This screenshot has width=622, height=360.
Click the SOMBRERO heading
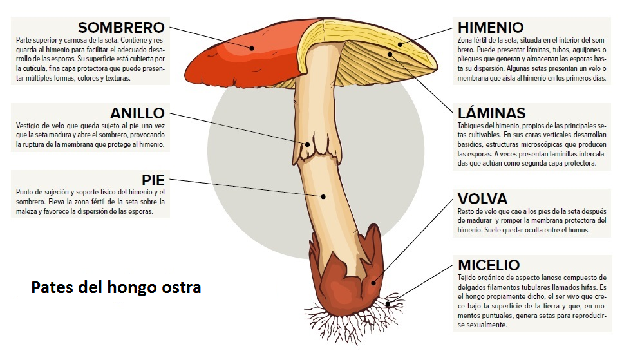tap(122, 28)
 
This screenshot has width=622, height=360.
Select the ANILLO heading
tap(137, 113)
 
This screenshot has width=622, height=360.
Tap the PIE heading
tap(153, 180)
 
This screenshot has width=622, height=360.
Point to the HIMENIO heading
tap(491, 28)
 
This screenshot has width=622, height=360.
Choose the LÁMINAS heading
tap(492, 113)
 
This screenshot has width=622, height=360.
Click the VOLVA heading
tap(483, 199)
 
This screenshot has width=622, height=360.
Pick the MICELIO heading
tap(489, 265)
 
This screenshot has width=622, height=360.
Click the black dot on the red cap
tap(252, 48)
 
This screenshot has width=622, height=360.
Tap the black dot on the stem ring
tap(307, 144)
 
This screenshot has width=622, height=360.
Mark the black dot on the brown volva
tap(373, 283)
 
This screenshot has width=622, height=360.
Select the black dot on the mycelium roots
tap(388, 305)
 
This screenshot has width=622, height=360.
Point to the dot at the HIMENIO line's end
tap(401, 44)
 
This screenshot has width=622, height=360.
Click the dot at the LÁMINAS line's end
tap(390, 54)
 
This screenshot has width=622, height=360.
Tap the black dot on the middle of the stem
tap(324, 196)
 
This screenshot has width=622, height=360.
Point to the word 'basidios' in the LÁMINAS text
tap(469, 144)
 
